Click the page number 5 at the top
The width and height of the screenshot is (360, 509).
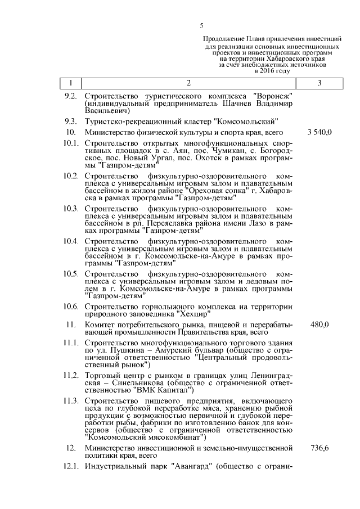[x=202, y=25]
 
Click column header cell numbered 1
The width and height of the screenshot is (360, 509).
[x=70, y=83]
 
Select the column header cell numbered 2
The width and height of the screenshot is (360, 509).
[x=188, y=83]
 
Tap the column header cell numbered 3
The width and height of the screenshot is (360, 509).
[x=319, y=83]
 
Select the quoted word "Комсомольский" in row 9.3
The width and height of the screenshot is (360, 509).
[x=247, y=121]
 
